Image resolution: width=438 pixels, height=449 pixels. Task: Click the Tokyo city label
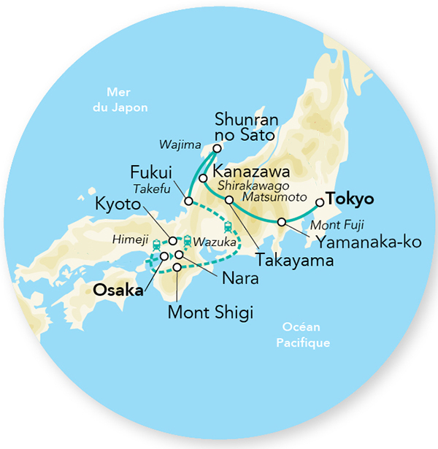tap(350, 199)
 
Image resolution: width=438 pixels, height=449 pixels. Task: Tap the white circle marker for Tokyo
tap(318, 203)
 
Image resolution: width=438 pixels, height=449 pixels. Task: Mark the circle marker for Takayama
tap(229, 199)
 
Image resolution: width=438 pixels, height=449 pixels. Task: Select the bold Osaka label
tap(118, 289)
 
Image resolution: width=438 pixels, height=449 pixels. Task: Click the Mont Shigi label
tap(210, 314)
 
